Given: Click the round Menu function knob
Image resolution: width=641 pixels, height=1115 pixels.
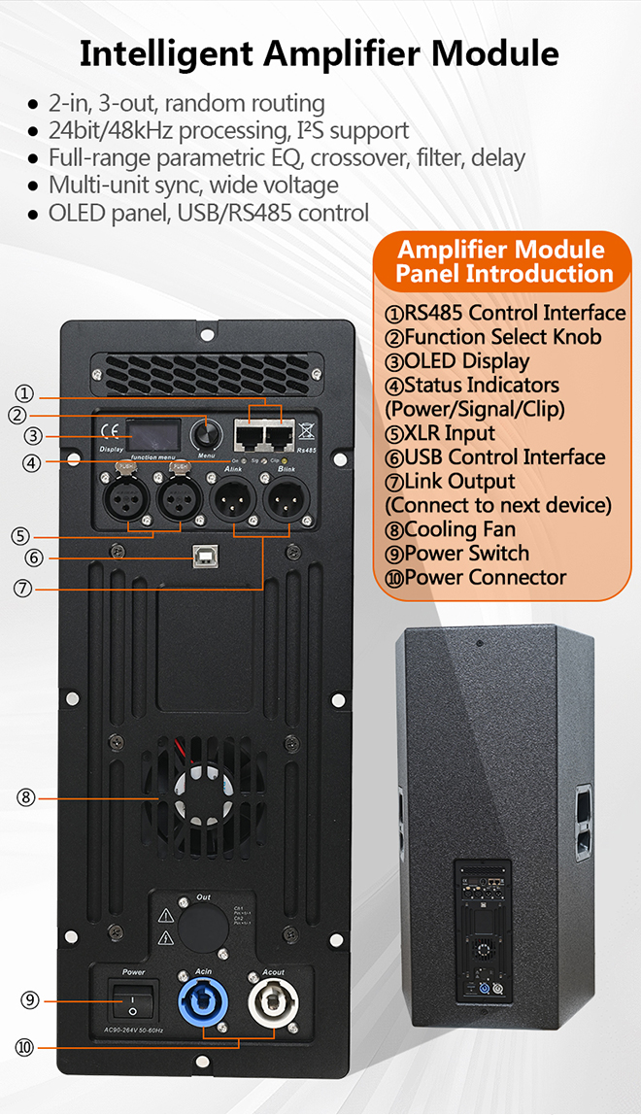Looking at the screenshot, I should tap(206, 432).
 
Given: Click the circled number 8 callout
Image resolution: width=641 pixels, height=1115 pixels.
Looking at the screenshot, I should tap(26, 797).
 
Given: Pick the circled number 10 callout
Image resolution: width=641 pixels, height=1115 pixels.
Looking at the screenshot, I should tap(26, 1047).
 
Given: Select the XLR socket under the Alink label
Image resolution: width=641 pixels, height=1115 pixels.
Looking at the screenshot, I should tap(234, 503).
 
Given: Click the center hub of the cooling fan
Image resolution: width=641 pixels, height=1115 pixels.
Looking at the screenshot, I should tap(207, 789).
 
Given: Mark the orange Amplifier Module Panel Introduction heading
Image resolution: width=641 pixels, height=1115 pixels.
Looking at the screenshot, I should tap(501, 261).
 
